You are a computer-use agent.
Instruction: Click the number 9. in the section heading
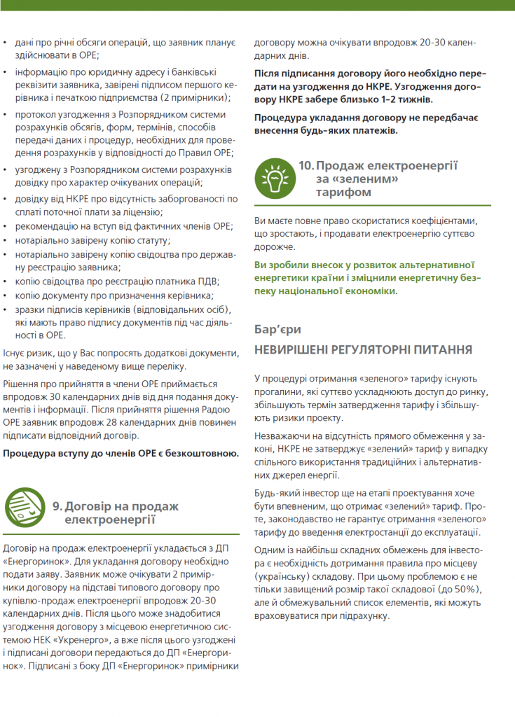click(x=58, y=506)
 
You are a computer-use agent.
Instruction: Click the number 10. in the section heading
click(x=305, y=165)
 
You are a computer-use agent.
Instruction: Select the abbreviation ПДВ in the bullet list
click(x=205, y=281)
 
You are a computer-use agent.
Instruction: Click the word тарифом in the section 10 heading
click(x=343, y=192)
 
